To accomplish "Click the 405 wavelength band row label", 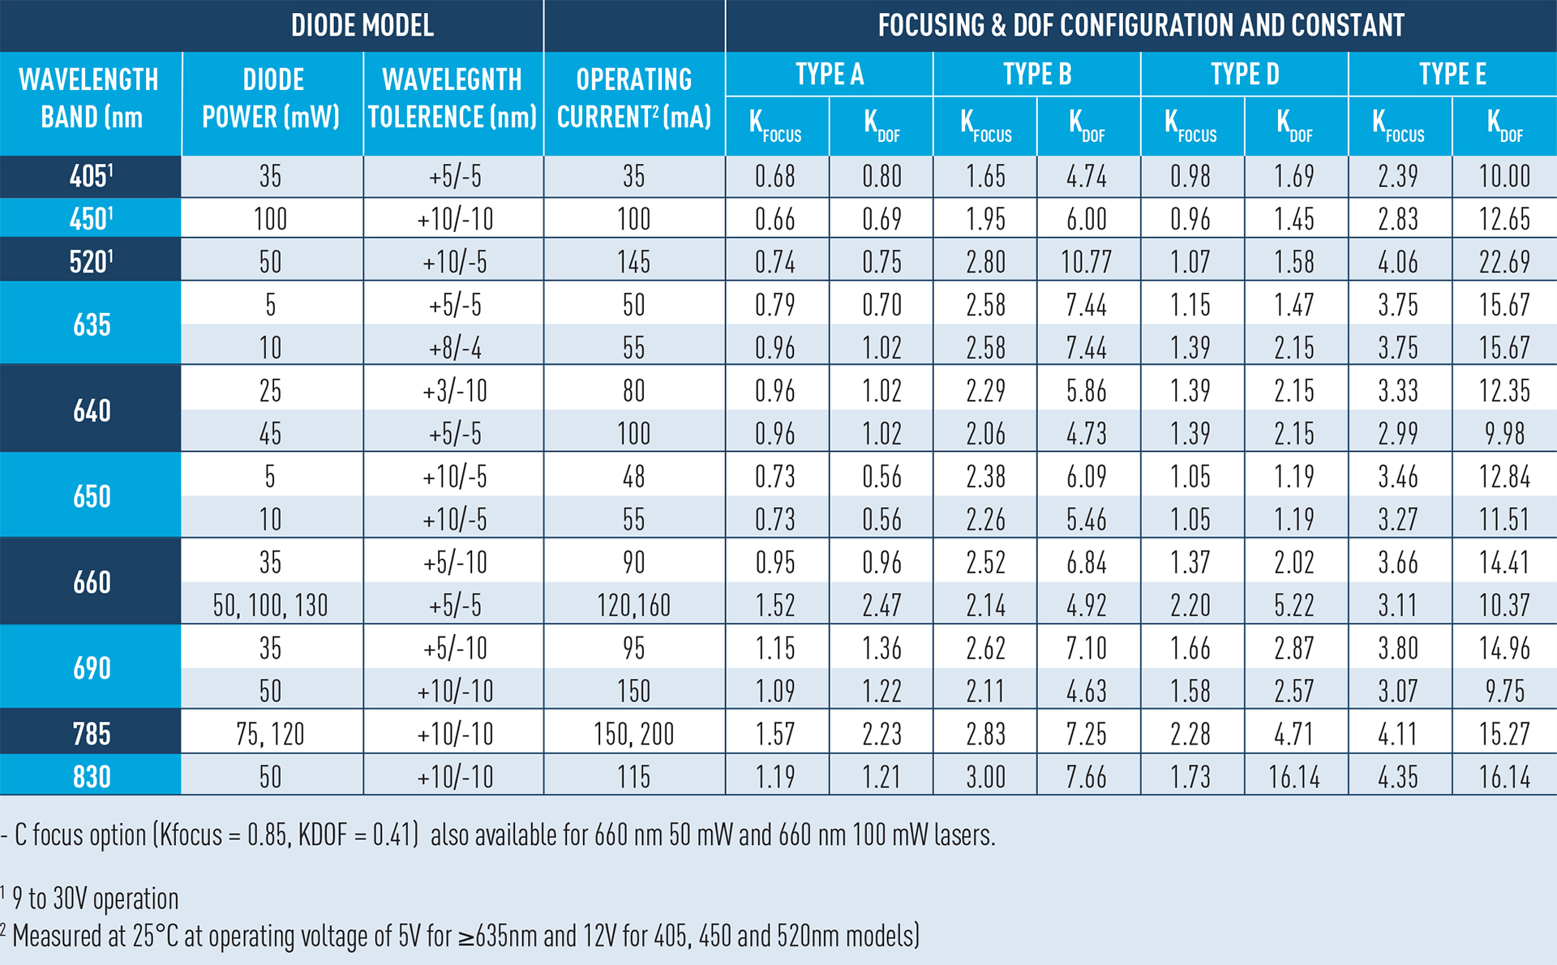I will (x=91, y=176).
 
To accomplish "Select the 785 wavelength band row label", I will (x=91, y=734).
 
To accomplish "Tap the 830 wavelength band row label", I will (x=91, y=777).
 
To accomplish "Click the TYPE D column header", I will (x=1244, y=74).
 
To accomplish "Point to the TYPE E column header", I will (x=1452, y=74).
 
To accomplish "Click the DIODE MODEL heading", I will (x=362, y=25).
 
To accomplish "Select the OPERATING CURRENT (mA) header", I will (x=633, y=98).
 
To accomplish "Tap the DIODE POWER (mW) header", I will (x=272, y=98).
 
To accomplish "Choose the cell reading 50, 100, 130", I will (x=270, y=605).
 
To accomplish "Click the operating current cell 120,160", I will (x=633, y=605).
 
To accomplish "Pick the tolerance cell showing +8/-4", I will (x=454, y=348).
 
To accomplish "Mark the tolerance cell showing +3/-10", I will (x=454, y=391).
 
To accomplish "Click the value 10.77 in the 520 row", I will (x=1087, y=262).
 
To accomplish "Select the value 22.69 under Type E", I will (x=1504, y=262).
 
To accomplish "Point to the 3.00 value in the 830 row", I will (x=985, y=777).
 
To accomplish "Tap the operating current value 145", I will (x=633, y=262).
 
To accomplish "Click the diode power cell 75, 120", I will (x=270, y=734).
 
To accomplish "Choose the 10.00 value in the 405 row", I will (x=1504, y=176).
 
